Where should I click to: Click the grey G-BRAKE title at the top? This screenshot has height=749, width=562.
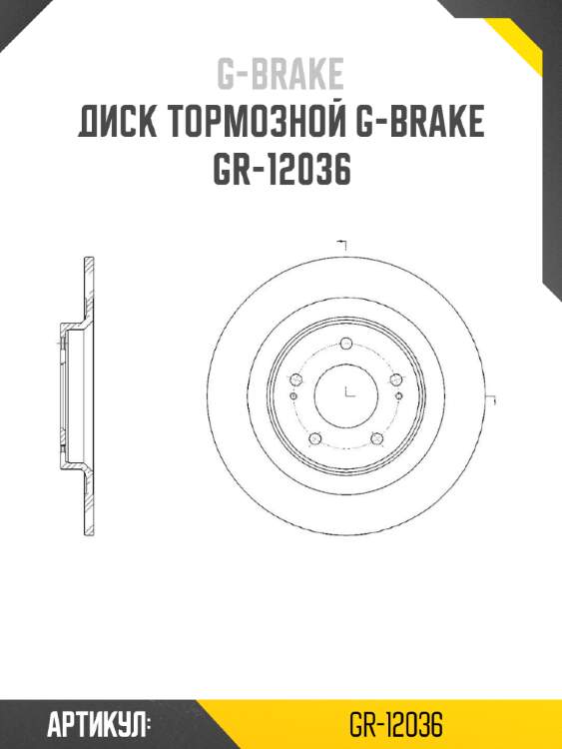[x=281, y=74]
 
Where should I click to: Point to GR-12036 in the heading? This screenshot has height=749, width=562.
[x=281, y=171]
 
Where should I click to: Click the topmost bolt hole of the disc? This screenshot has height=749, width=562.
[x=345, y=345]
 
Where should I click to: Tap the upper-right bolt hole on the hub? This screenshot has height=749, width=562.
[x=395, y=380]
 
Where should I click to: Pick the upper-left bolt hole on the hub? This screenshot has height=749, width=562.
[x=294, y=380]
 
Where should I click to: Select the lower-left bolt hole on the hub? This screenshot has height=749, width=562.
[x=314, y=439]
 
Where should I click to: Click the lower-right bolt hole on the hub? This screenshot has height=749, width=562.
[x=376, y=439]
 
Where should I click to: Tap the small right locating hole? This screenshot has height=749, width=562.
[x=399, y=396]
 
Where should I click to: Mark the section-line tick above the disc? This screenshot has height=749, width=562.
[x=342, y=243]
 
